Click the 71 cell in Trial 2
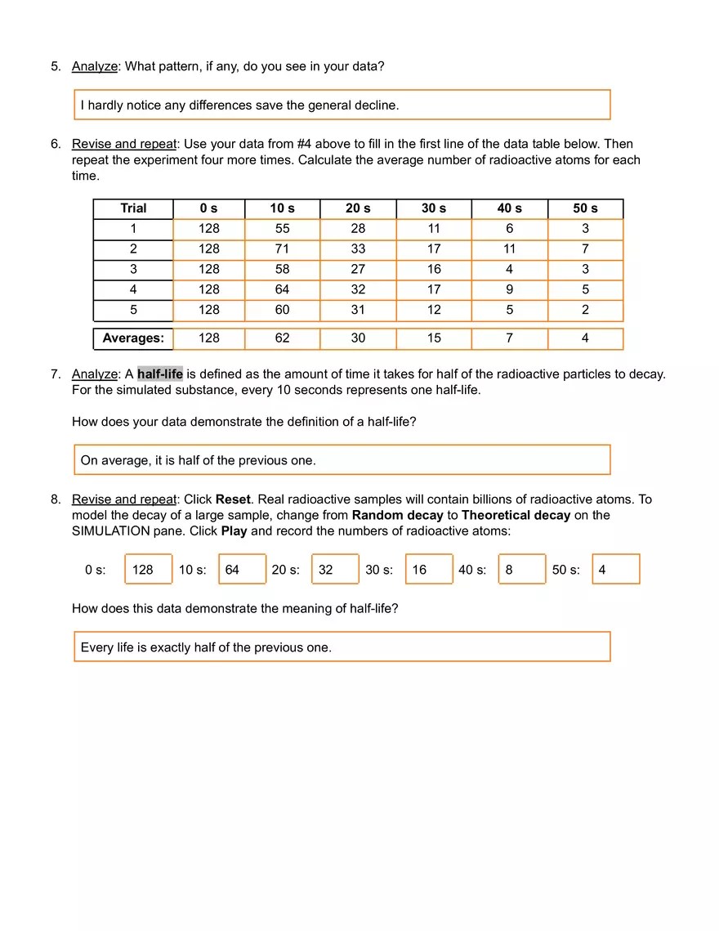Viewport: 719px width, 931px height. (x=282, y=248)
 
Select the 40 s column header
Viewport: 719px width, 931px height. (x=509, y=208)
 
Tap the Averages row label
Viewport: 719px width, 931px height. (x=133, y=338)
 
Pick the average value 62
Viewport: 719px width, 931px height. (x=282, y=338)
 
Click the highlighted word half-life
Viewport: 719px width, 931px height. (x=160, y=374)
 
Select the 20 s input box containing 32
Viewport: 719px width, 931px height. (x=335, y=570)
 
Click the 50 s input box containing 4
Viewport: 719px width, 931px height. (x=616, y=570)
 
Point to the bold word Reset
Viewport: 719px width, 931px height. (x=233, y=499)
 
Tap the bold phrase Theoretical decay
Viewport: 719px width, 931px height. (x=516, y=515)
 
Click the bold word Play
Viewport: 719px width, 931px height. (x=234, y=531)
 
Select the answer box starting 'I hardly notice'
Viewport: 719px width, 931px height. (x=342, y=105)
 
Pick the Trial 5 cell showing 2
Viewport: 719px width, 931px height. (x=585, y=310)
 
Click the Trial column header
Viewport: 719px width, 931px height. (x=133, y=208)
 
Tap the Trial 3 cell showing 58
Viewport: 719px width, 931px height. (x=282, y=269)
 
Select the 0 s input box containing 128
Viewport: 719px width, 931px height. (x=148, y=570)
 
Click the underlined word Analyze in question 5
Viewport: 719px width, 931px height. (x=94, y=66)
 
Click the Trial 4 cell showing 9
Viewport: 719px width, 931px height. (x=509, y=289)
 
